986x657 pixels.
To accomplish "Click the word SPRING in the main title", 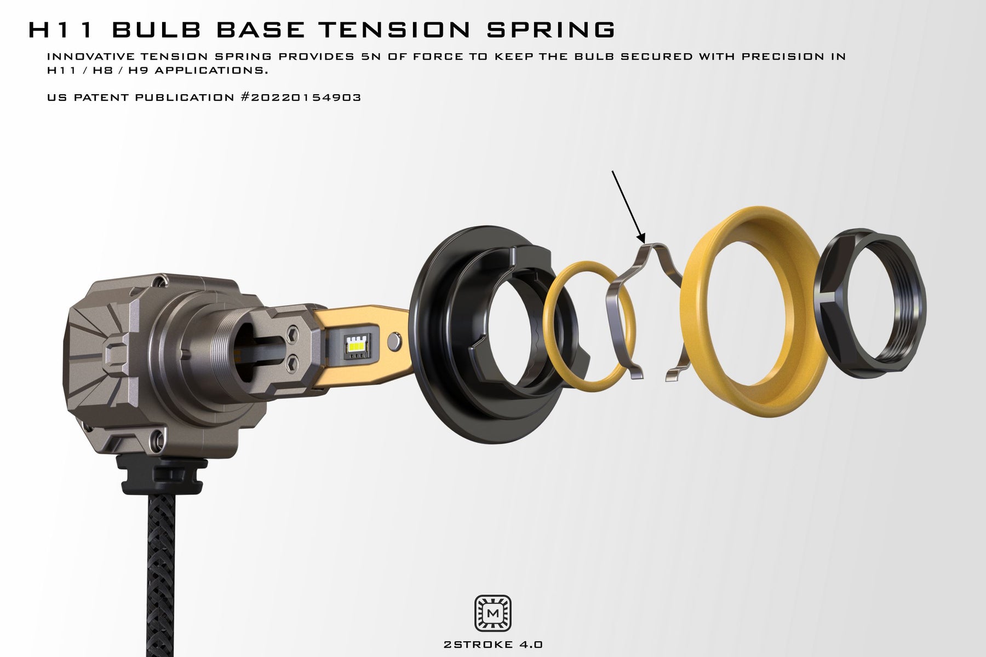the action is click(551, 30).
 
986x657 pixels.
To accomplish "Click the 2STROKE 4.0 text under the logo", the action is click(492, 644).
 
